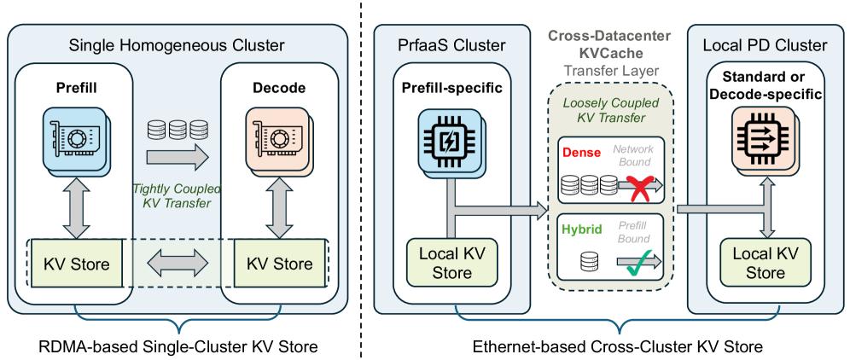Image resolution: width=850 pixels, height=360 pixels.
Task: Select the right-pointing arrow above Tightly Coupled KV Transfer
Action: coord(177,158)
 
